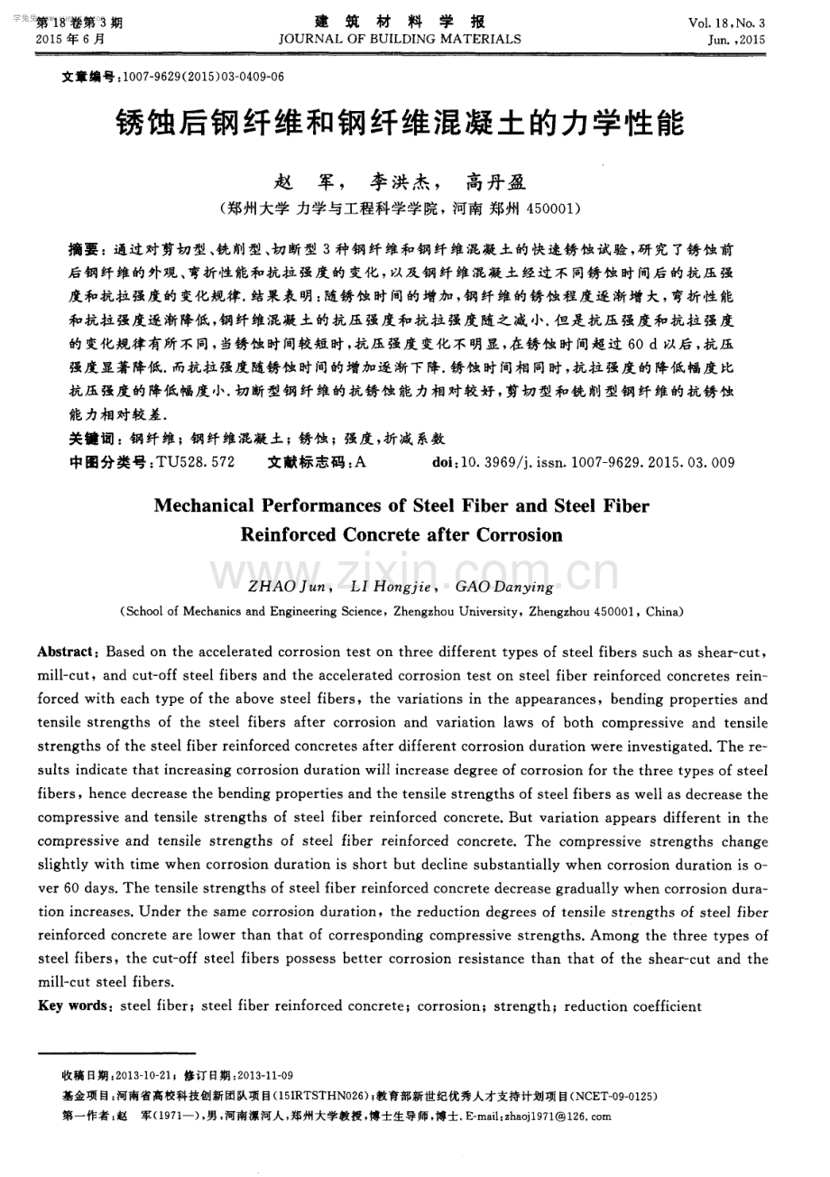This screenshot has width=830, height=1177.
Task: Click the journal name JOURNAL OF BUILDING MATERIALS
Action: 401,39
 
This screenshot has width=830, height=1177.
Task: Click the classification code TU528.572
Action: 196,462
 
